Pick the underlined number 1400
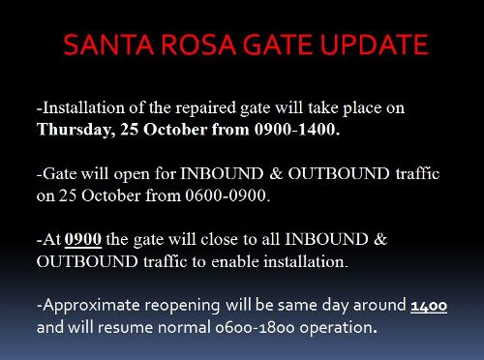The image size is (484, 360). pos(429,306)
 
